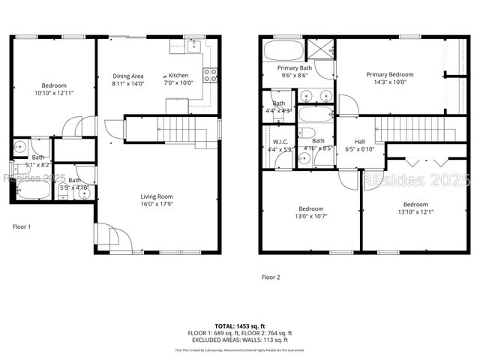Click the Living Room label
[157, 197]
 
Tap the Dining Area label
[128, 76]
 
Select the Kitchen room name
[178, 76]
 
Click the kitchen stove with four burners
[211, 74]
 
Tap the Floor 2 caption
[270, 277]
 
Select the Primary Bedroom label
[389, 74]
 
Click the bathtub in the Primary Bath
[283, 51]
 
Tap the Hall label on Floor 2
[359, 141]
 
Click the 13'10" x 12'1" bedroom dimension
[415, 212]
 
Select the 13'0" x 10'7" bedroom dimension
[311, 216]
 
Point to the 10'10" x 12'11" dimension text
[53, 94]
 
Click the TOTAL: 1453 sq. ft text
[240, 326]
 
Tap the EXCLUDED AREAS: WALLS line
[240, 340]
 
